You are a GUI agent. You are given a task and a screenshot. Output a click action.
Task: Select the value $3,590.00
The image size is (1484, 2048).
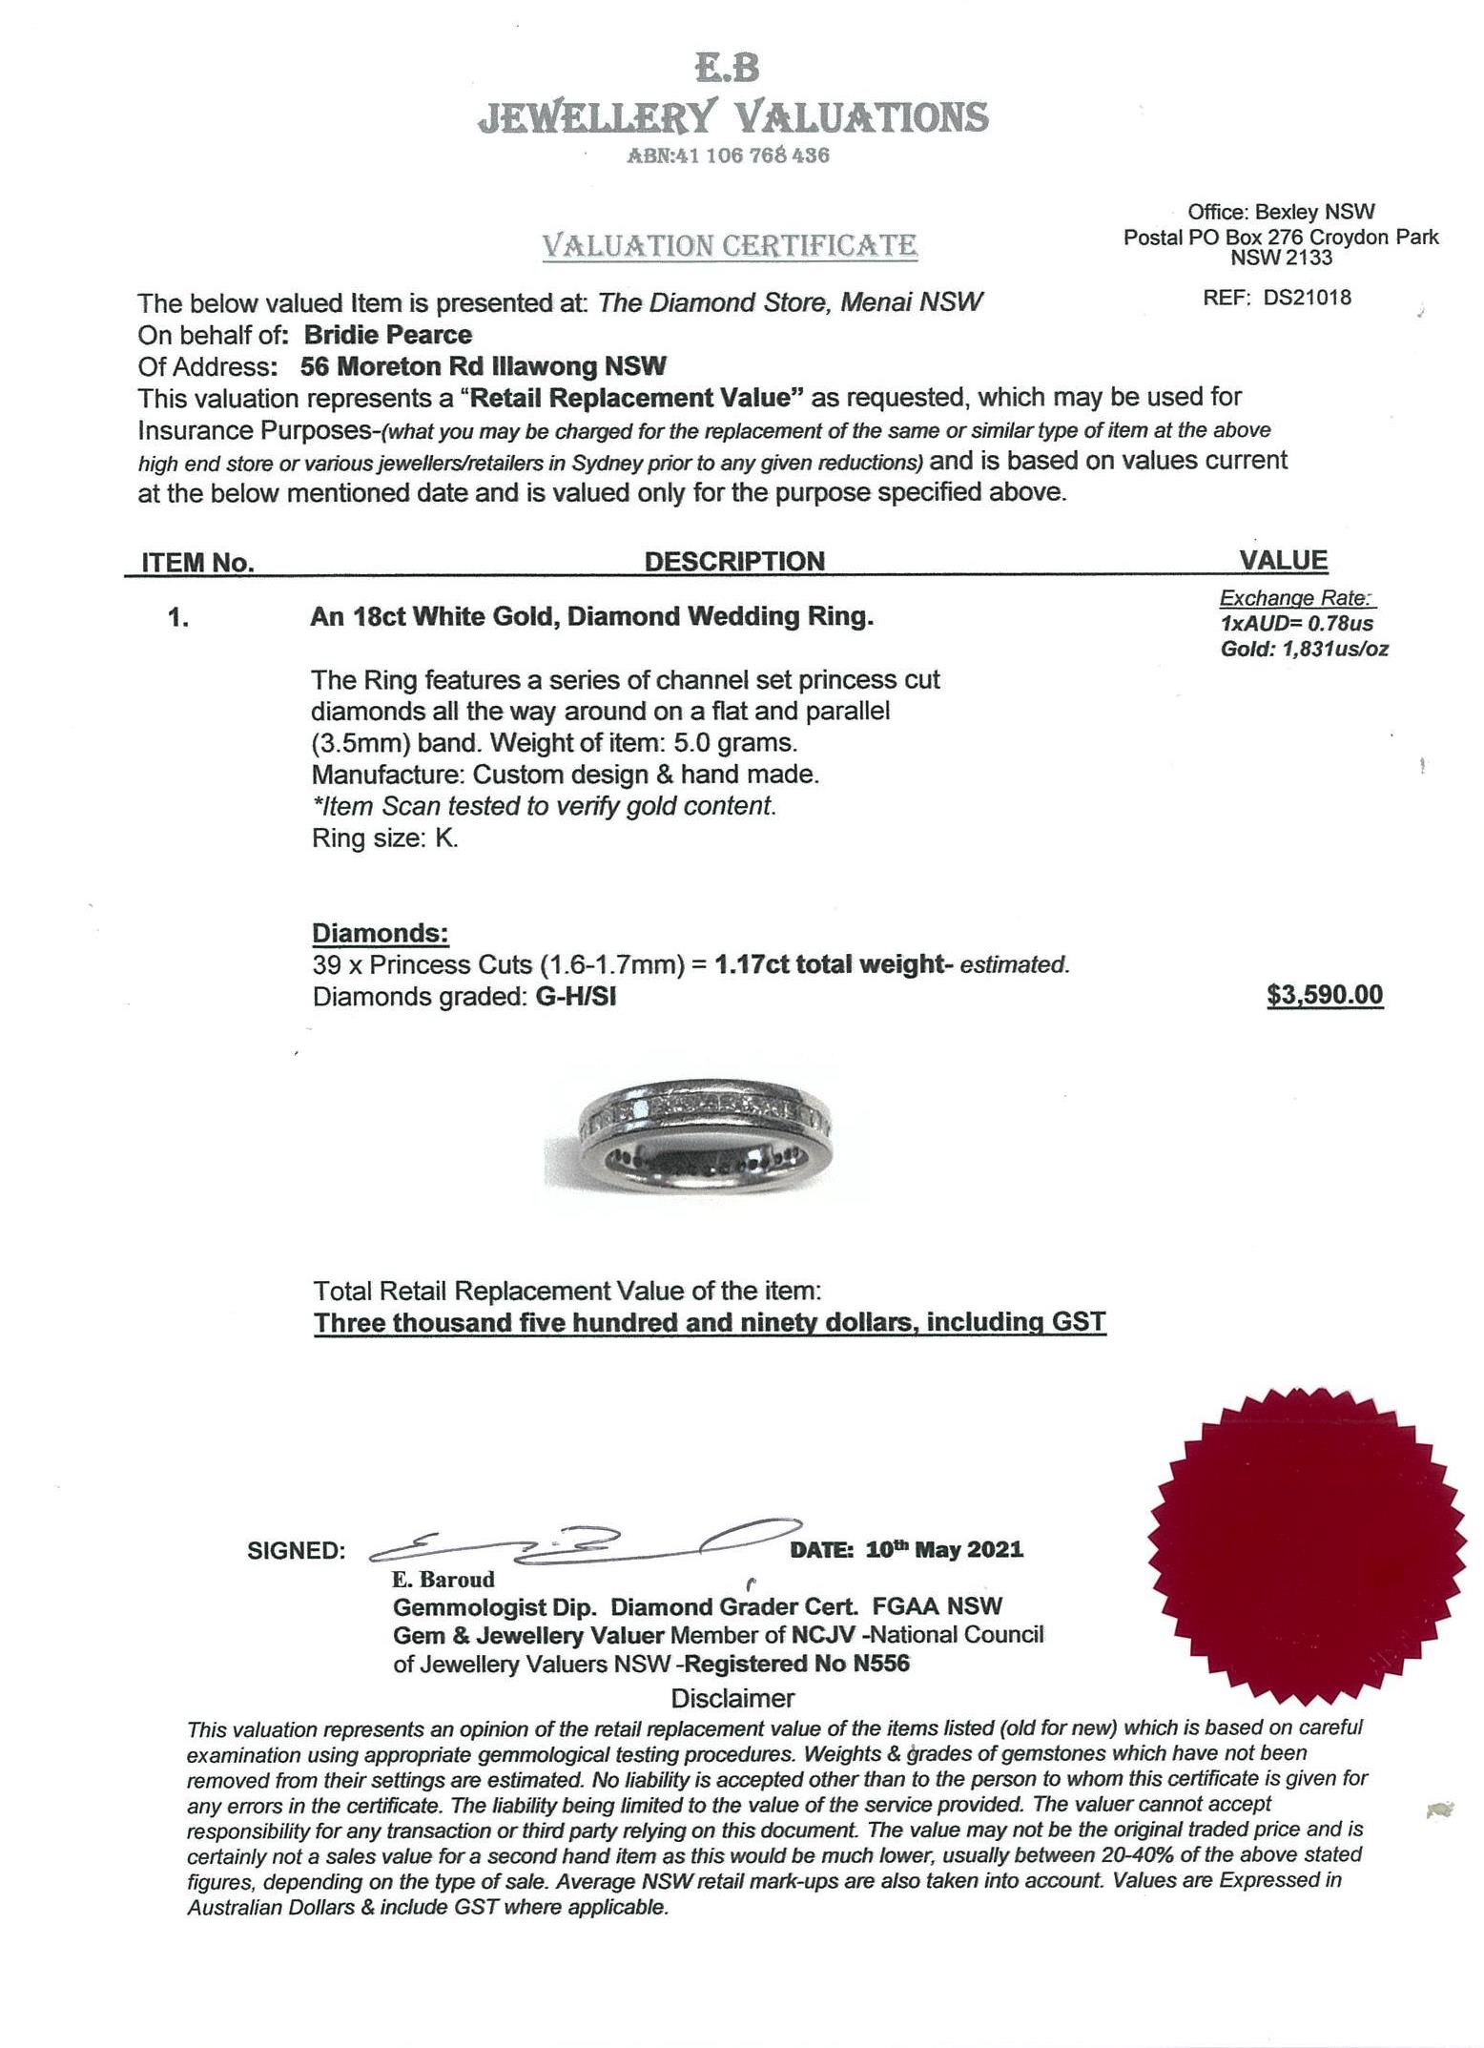coord(1324,995)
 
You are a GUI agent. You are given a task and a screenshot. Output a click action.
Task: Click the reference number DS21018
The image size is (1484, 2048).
coord(1307,297)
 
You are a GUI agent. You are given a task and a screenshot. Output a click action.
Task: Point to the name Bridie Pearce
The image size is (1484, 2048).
coord(387,335)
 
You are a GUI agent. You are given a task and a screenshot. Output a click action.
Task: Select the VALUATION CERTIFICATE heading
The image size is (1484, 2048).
coord(730,246)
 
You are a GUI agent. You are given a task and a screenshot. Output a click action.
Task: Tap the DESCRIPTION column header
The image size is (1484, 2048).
coord(734,561)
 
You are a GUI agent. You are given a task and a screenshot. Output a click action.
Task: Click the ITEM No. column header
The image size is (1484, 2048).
coord(197,563)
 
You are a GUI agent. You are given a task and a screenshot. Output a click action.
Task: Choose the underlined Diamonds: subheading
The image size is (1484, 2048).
coord(381,933)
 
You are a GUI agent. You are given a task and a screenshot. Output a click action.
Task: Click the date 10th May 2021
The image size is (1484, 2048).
coord(943,1549)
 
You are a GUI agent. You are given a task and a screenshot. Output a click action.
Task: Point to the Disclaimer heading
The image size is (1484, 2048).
coord(732,1698)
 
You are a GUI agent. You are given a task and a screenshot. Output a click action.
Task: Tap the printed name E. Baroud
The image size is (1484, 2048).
coord(443,1580)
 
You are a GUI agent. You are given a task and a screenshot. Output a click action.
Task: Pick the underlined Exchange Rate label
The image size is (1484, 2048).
coord(1295,598)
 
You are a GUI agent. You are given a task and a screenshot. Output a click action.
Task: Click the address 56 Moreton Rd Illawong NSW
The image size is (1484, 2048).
coord(483,366)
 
